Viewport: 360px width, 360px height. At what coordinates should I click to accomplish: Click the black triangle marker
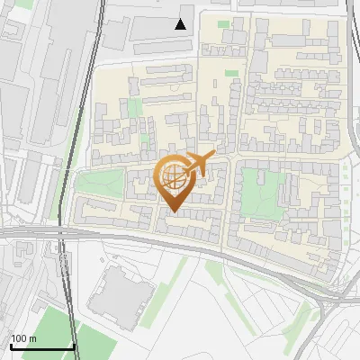pos(181,24)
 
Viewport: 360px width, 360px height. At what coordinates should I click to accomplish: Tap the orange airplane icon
pos(197,164)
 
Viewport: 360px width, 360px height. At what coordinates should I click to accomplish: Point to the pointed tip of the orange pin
pos(172,211)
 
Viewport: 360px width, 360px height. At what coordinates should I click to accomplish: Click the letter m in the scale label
pos(33,338)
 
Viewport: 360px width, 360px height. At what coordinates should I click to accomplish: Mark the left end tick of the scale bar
pos(11,345)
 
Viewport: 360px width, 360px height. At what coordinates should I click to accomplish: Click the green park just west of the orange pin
pos(100,184)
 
